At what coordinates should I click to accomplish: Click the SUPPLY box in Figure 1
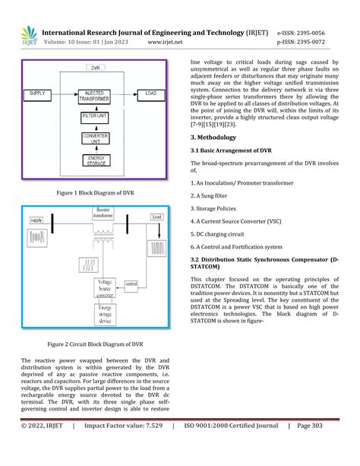(x=38, y=94)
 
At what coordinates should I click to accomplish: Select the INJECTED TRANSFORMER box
(x=95, y=94)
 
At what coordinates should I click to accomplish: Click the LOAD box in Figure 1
(x=151, y=94)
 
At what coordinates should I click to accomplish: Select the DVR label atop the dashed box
(x=95, y=68)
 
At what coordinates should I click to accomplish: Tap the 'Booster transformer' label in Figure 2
(x=104, y=212)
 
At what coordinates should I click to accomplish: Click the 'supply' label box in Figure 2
(x=36, y=220)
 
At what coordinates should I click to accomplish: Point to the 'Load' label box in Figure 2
(x=156, y=217)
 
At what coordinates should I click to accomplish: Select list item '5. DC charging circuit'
(x=223, y=233)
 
